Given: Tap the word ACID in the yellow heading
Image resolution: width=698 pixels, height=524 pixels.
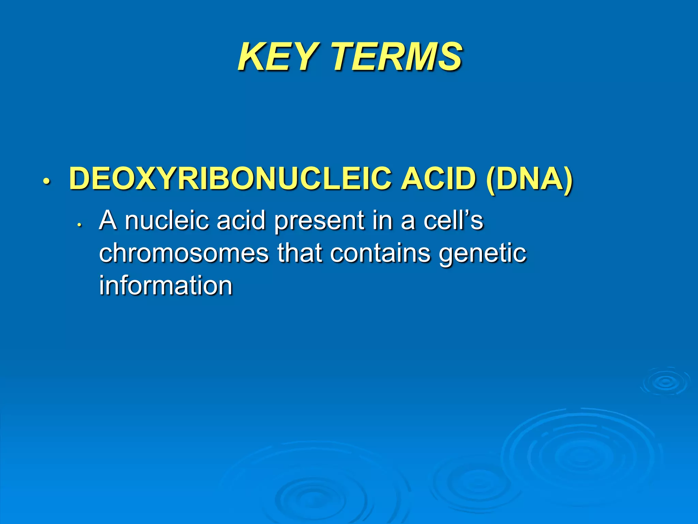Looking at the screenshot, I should tap(438, 178).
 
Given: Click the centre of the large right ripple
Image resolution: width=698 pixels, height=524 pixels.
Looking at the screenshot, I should tap(579, 455).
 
